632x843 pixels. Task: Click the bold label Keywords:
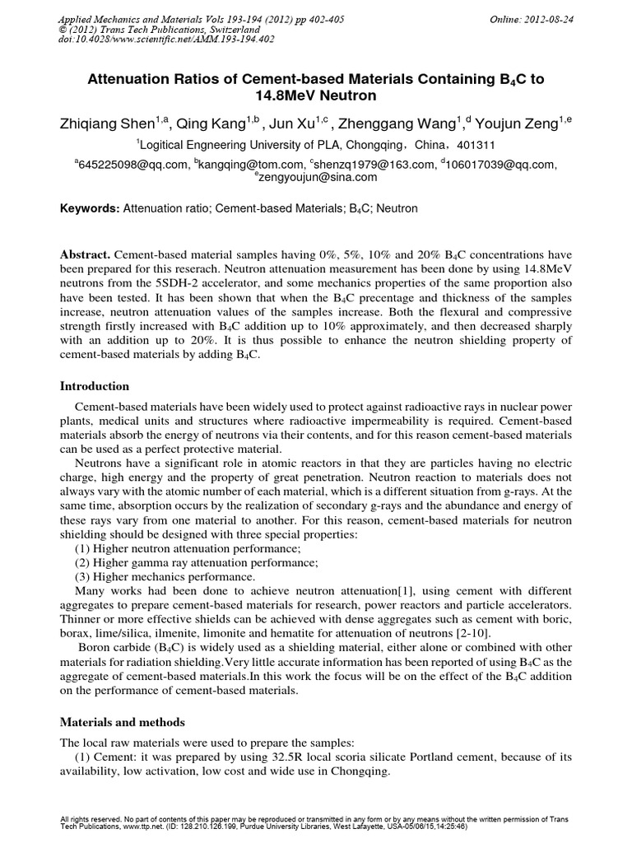coord(90,209)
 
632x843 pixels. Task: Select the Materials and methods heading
coord(121,722)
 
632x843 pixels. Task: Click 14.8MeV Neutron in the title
coord(316,95)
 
